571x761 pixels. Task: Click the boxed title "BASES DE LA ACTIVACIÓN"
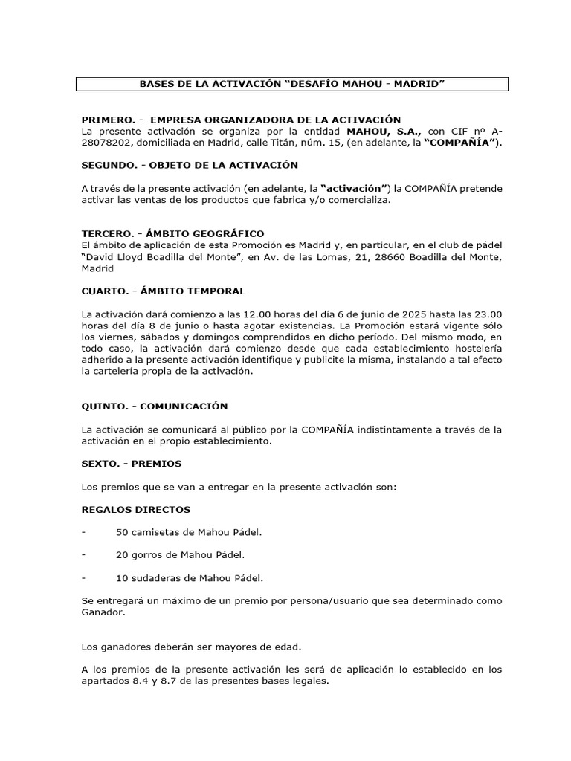point(291,84)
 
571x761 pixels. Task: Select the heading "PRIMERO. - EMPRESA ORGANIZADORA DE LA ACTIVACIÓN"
point(241,120)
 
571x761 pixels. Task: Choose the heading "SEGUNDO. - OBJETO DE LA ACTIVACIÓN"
point(189,164)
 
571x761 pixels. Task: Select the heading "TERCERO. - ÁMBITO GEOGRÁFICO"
point(172,233)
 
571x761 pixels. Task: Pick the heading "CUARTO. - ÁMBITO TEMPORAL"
point(163,291)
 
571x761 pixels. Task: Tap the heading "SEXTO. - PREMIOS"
point(131,464)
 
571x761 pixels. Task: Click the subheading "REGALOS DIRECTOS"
point(135,510)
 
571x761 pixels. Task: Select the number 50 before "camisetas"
point(123,532)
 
